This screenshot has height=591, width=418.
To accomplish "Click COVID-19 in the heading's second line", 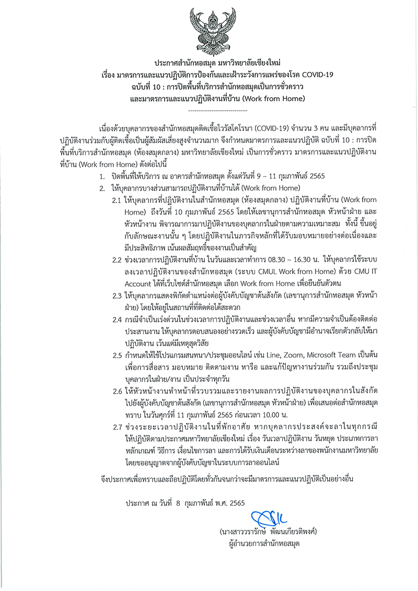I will click(x=315, y=74).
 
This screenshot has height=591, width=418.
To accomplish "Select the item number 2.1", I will click(x=117, y=200).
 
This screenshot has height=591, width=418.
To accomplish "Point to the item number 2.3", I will click(x=117, y=296).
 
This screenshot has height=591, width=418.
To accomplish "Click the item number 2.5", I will click(x=117, y=356).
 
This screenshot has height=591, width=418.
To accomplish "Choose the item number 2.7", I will click(x=117, y=428).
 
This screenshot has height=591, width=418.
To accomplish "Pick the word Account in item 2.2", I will click(x=142, y=284).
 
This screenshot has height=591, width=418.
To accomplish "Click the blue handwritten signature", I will click(x=269, y=519).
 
